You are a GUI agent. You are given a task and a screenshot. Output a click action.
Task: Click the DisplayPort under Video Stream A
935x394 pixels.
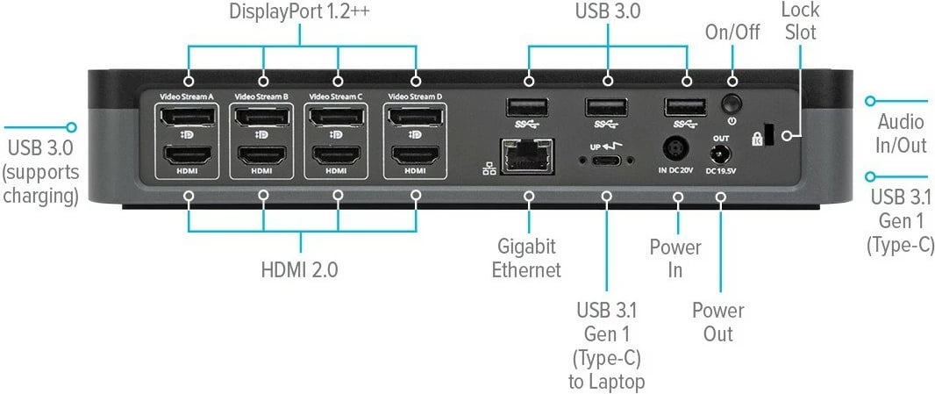pos(189,117)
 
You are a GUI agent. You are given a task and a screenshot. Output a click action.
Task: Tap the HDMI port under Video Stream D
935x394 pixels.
pos(416,156)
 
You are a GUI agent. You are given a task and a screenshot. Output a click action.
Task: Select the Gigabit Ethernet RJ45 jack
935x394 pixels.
pos(528,156)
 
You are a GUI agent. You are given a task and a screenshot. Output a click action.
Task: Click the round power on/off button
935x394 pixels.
pos(731,104)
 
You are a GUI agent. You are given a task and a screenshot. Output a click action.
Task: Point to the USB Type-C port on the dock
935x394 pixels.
pos(606,160)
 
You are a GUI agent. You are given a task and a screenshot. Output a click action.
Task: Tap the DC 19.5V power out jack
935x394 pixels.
pos(720,156)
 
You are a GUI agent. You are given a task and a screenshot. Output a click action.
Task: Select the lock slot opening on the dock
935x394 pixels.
pos(768,133)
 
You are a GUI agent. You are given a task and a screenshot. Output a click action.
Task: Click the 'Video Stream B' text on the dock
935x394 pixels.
pos(261,96)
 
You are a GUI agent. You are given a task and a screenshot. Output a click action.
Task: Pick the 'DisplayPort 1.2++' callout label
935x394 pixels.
pos(300,12)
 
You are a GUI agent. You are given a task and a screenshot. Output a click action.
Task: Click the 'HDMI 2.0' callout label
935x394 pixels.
pos(299,269)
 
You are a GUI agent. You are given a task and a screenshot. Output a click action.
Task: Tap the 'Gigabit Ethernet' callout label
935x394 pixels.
pos(526,258)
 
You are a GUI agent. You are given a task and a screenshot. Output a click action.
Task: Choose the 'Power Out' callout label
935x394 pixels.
pos(718,322)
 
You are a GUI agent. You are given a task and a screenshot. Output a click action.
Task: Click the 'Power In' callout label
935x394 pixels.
pos(675,259)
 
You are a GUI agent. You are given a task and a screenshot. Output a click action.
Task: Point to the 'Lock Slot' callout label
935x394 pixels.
pos(800,20)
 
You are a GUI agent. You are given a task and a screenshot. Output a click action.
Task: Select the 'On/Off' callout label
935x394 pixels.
pos(732,32)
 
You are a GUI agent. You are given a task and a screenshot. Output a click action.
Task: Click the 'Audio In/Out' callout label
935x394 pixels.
pos(902,133)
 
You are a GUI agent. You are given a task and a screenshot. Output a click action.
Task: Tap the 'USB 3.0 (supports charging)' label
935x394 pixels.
pos(41,171)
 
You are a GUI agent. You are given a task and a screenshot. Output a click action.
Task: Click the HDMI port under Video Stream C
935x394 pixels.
pos(337,156)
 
